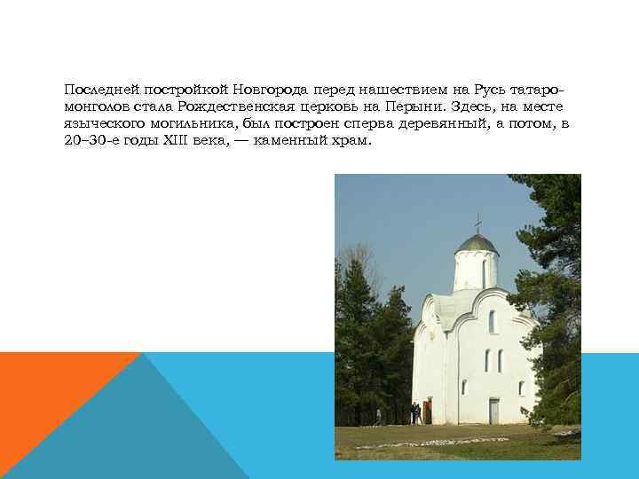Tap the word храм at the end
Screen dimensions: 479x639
346,141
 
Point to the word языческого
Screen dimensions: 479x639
99,124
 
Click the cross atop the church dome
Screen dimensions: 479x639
477,223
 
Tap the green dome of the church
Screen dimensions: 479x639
477,243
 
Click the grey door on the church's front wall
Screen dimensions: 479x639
493,410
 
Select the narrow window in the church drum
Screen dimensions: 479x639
484,271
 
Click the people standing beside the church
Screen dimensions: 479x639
415,412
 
